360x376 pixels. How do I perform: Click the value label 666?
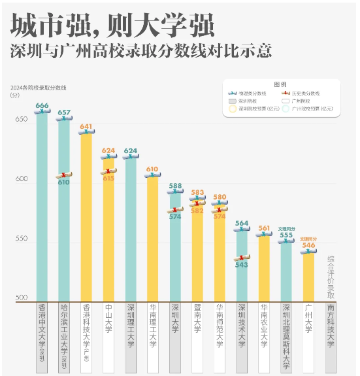point(42,105)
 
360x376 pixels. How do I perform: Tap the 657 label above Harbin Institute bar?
point(64,112)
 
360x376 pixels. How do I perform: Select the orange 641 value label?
point(86,126)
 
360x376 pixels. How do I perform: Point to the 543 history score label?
point(241,265)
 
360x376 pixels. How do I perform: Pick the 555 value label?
point(286,235)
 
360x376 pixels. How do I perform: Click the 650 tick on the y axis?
point(21,120)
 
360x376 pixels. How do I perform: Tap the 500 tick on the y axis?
point(21,298)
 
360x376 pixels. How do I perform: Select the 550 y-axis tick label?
point(21,239)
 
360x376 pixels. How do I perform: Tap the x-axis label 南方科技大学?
point(331,325)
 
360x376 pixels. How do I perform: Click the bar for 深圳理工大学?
point(131,229)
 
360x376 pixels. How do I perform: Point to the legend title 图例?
point(280,84)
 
